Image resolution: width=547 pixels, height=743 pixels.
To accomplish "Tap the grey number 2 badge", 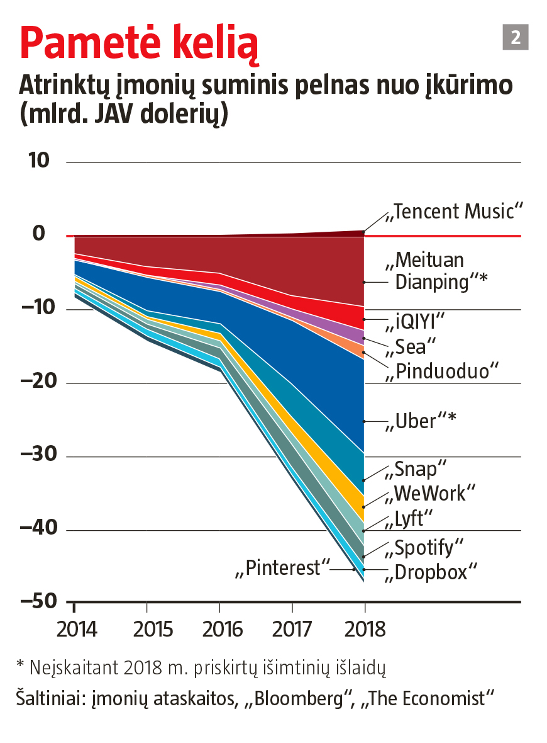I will tap(516, 37).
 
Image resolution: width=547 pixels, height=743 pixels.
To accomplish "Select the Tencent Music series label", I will tap(455, 212).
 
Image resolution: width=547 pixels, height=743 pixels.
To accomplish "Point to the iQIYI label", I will tap(414, 322).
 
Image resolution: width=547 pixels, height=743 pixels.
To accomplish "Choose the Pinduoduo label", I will tap(443, 371).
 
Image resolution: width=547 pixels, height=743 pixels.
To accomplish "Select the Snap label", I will tap(416, 469).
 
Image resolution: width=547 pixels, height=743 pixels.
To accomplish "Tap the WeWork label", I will tap(431, 493).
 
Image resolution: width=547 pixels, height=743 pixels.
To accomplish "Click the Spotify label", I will tap(424, 547).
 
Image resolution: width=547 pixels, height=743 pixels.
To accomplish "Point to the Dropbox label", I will tap(431, 572).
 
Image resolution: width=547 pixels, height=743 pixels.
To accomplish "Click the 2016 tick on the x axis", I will tap(219, 629).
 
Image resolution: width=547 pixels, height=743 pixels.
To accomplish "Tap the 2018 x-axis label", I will tap(365, 629).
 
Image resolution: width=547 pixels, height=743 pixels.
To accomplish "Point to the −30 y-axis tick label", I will tap(39, 455).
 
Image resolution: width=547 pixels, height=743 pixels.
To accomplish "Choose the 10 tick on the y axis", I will tap(39, 161).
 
